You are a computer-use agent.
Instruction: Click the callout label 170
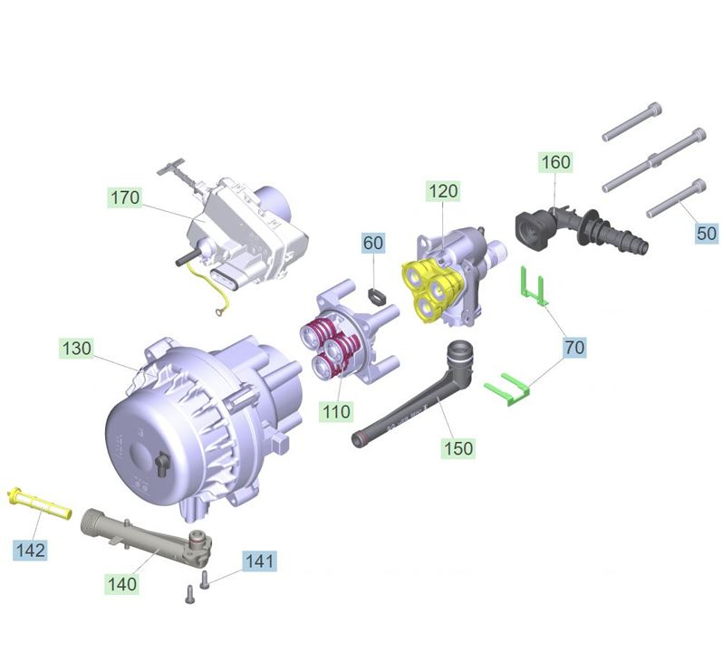(125, 197)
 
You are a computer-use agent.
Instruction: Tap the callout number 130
(76, 348)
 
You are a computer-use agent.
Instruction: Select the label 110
(337, 411)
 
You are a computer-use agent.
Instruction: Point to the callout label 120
(443, 191)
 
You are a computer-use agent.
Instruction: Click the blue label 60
(373, 243)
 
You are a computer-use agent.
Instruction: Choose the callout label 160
(556, 162)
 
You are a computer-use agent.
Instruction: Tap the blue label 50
(707, 234)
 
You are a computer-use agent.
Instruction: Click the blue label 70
(574, 347)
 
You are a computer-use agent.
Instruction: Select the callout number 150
(458, 448)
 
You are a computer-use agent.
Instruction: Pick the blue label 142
(31, 550)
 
